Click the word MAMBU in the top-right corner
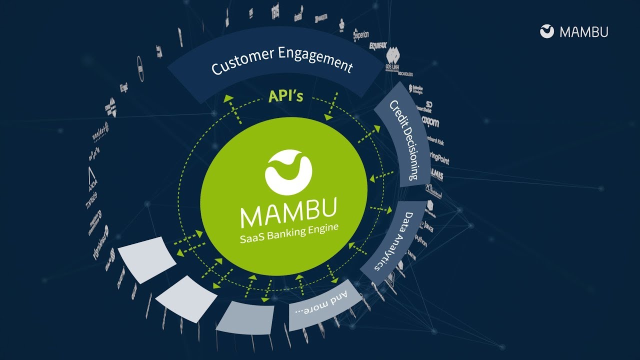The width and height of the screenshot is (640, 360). (584, 32)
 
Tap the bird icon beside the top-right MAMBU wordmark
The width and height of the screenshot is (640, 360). (547, 31)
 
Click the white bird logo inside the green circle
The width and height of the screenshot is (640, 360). (288, 172)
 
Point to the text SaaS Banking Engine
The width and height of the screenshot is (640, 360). (288, 233)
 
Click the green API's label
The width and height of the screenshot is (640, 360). (285, 95)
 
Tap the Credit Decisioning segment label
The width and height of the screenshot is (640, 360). (404, 140)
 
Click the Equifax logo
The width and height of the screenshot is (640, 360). (378, 45)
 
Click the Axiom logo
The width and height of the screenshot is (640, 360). (429, 121)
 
